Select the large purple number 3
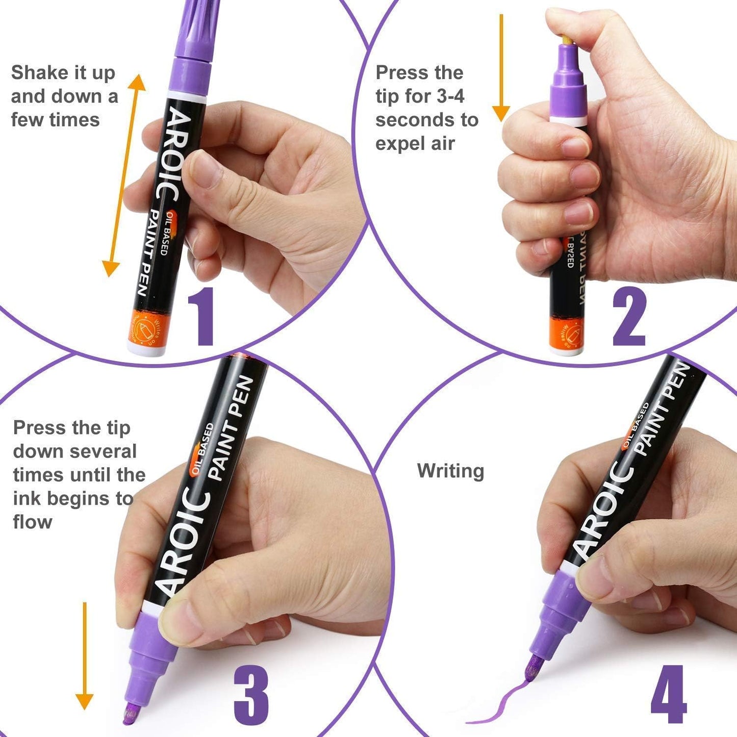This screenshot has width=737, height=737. [x=251, y=695]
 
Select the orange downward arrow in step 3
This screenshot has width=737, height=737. [x=85, y=655]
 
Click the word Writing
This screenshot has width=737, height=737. [x=450, y=471]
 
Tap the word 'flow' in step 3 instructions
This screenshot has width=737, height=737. [x=33, y=522]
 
